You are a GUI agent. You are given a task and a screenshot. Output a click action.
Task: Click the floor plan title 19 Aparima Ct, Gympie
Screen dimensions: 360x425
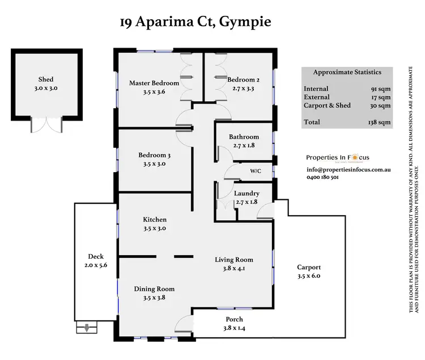(x=195, y=23)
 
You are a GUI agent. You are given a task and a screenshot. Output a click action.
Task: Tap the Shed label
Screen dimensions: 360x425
(x=46, y=80)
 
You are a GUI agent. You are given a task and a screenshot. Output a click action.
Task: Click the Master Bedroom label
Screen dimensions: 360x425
(x=154, y=83)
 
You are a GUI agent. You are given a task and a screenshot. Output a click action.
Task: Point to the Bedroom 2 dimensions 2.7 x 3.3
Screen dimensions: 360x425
(x=244, y=89)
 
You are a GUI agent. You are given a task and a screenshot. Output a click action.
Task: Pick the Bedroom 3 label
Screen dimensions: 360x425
(x=154, y=155)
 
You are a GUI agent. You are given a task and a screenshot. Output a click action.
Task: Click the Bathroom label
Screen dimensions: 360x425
(x=244, y=137)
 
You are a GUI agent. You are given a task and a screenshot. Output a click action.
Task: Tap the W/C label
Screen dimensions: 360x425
(x=256, y=171)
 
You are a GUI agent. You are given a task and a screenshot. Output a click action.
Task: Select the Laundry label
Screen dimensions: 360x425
(x=246, y=194)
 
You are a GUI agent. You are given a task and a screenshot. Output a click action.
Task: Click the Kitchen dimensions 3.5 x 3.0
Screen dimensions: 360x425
(x=155, y=229)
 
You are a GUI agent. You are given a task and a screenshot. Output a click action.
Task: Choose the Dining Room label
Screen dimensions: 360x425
(x=154, y=289)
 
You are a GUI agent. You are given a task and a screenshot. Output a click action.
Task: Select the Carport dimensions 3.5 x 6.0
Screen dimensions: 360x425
(x=309, y=277)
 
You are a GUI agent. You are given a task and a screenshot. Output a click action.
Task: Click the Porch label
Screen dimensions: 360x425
(x=234, y=319)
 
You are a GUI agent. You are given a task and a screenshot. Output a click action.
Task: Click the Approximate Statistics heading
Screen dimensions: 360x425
(x=347, y=72)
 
